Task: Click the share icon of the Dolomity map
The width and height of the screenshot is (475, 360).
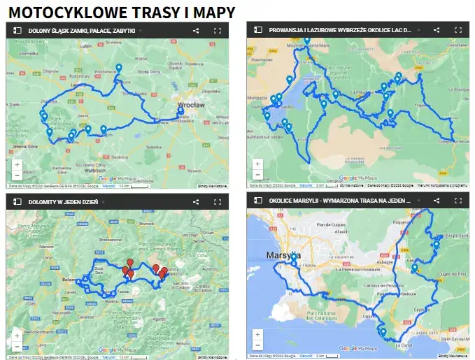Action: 196,201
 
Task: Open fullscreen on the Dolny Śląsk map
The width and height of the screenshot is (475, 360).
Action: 217,31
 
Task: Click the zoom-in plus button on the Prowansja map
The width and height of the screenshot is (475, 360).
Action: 257,164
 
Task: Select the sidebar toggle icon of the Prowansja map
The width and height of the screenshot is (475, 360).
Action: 257,31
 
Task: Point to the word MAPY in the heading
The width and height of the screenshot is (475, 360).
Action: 215,12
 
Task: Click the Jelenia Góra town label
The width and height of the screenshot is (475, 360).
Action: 24,146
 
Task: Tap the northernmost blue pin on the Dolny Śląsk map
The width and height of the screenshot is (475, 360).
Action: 119,68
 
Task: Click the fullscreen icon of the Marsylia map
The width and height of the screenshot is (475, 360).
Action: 458,201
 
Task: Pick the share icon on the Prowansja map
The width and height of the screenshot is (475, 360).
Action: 437,31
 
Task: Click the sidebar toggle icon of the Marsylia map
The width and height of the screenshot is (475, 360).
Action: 257,201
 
